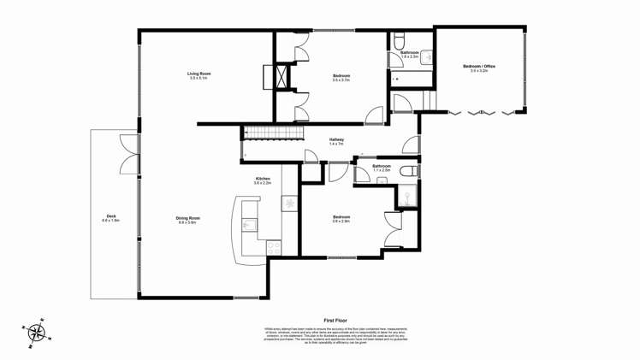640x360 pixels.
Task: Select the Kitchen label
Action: click(262, 179)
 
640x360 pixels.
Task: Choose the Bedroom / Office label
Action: click(478, 66)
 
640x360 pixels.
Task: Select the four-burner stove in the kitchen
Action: click(275, 247)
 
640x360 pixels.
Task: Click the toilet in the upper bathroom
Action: click(400, 40)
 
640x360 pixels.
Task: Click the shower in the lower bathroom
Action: click(408, 198)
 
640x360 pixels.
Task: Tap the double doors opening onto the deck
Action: click(128, 154)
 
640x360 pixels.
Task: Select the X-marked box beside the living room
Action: click(280, 76)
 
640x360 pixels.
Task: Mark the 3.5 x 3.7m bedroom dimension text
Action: click(341, 80)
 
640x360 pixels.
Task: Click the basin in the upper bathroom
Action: click(425, 58)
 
